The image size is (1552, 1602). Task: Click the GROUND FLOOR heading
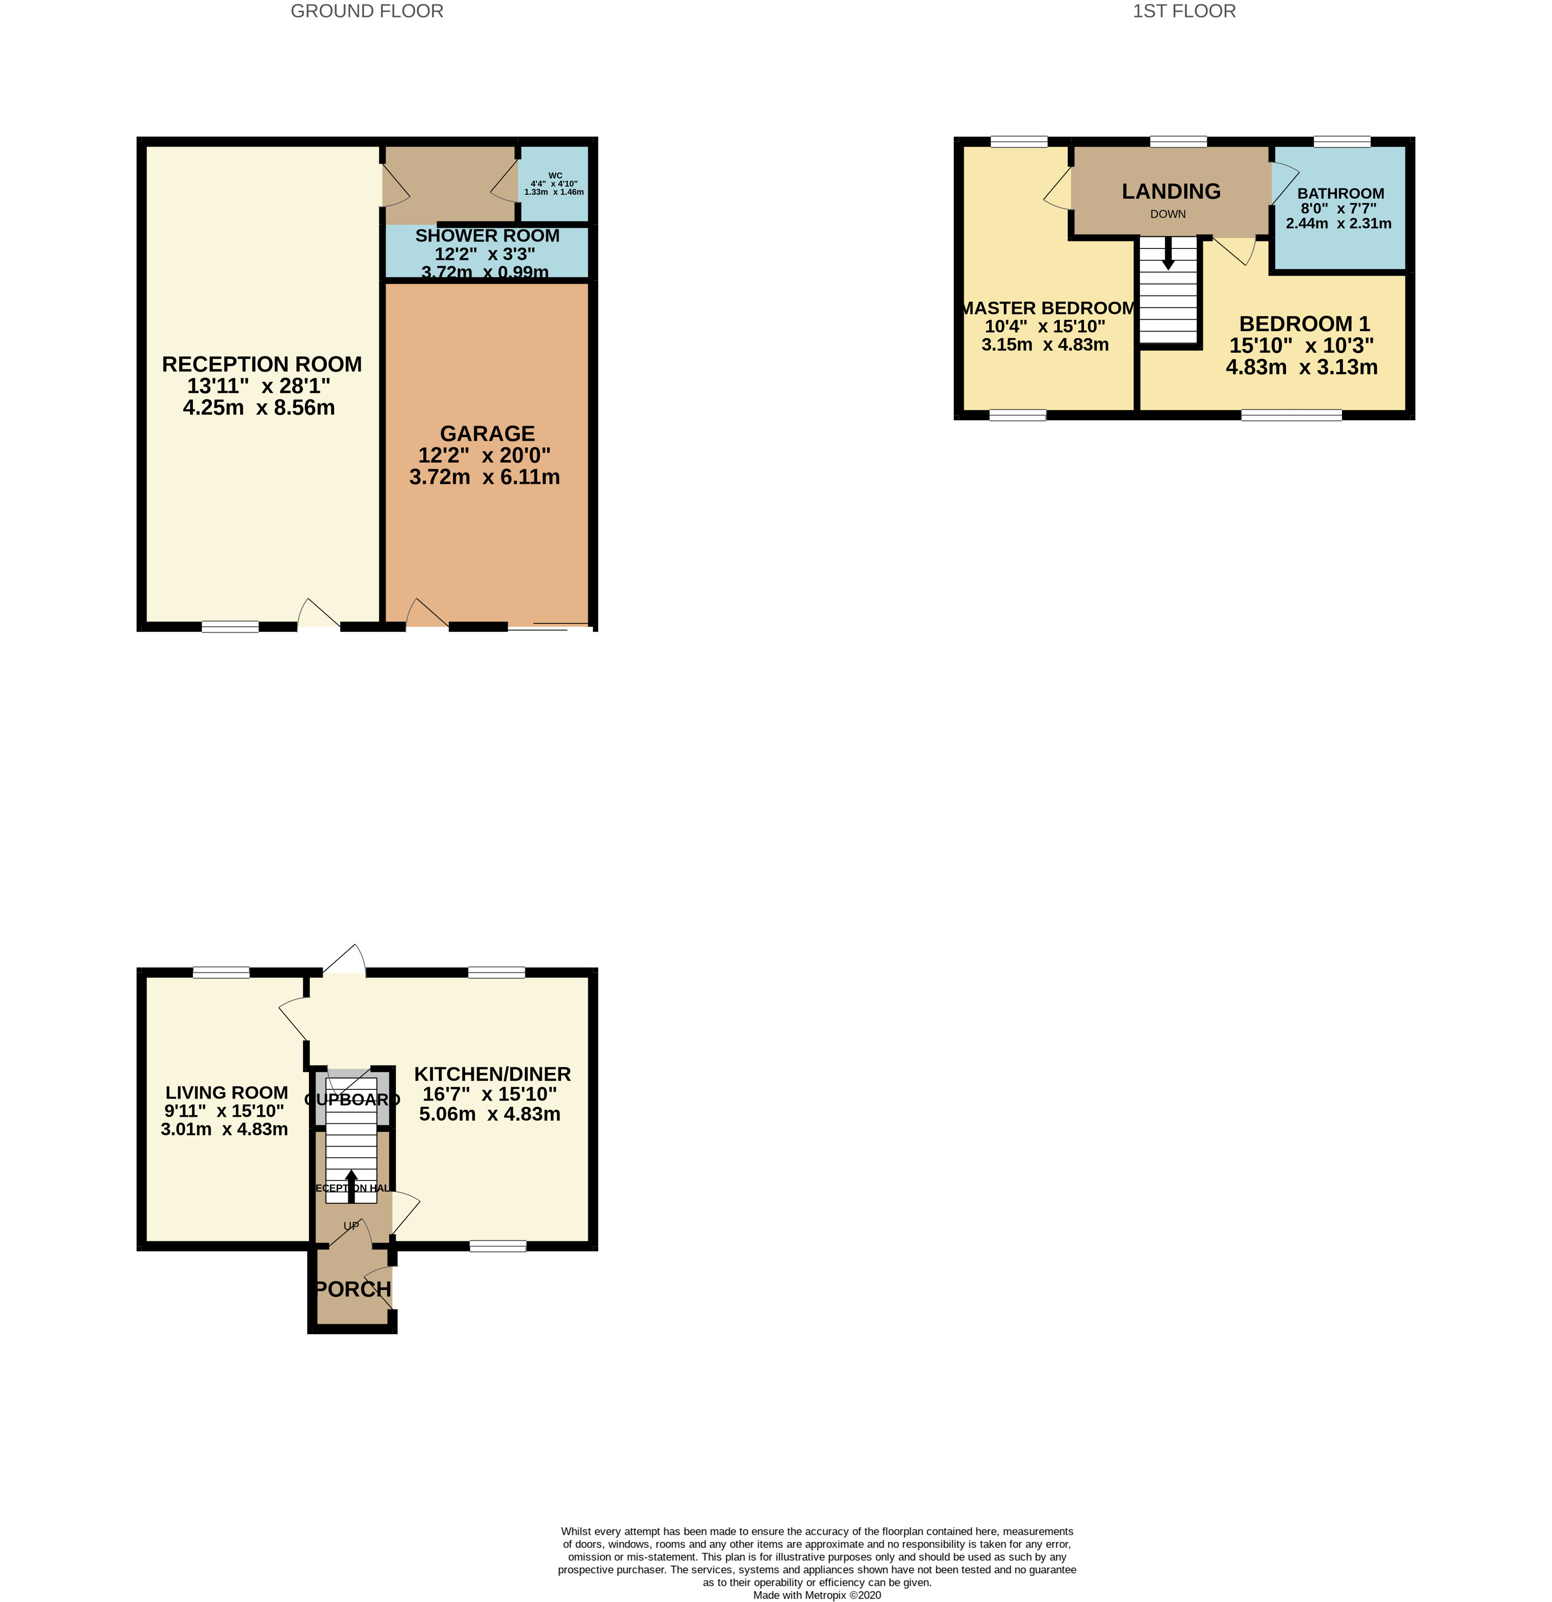367,12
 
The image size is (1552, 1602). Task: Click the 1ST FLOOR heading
1183,12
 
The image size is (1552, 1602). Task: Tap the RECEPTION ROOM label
262,364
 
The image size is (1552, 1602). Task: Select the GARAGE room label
487,434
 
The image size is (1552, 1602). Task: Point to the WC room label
555,176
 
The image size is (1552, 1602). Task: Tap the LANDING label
1170,191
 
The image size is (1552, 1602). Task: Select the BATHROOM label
1340,194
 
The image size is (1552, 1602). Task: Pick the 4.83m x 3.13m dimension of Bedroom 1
1301,368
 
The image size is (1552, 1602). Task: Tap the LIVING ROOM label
227,1093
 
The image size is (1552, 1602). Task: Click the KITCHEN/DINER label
492,1074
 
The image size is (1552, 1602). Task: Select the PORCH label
352,1289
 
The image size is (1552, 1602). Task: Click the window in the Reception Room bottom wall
230,627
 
